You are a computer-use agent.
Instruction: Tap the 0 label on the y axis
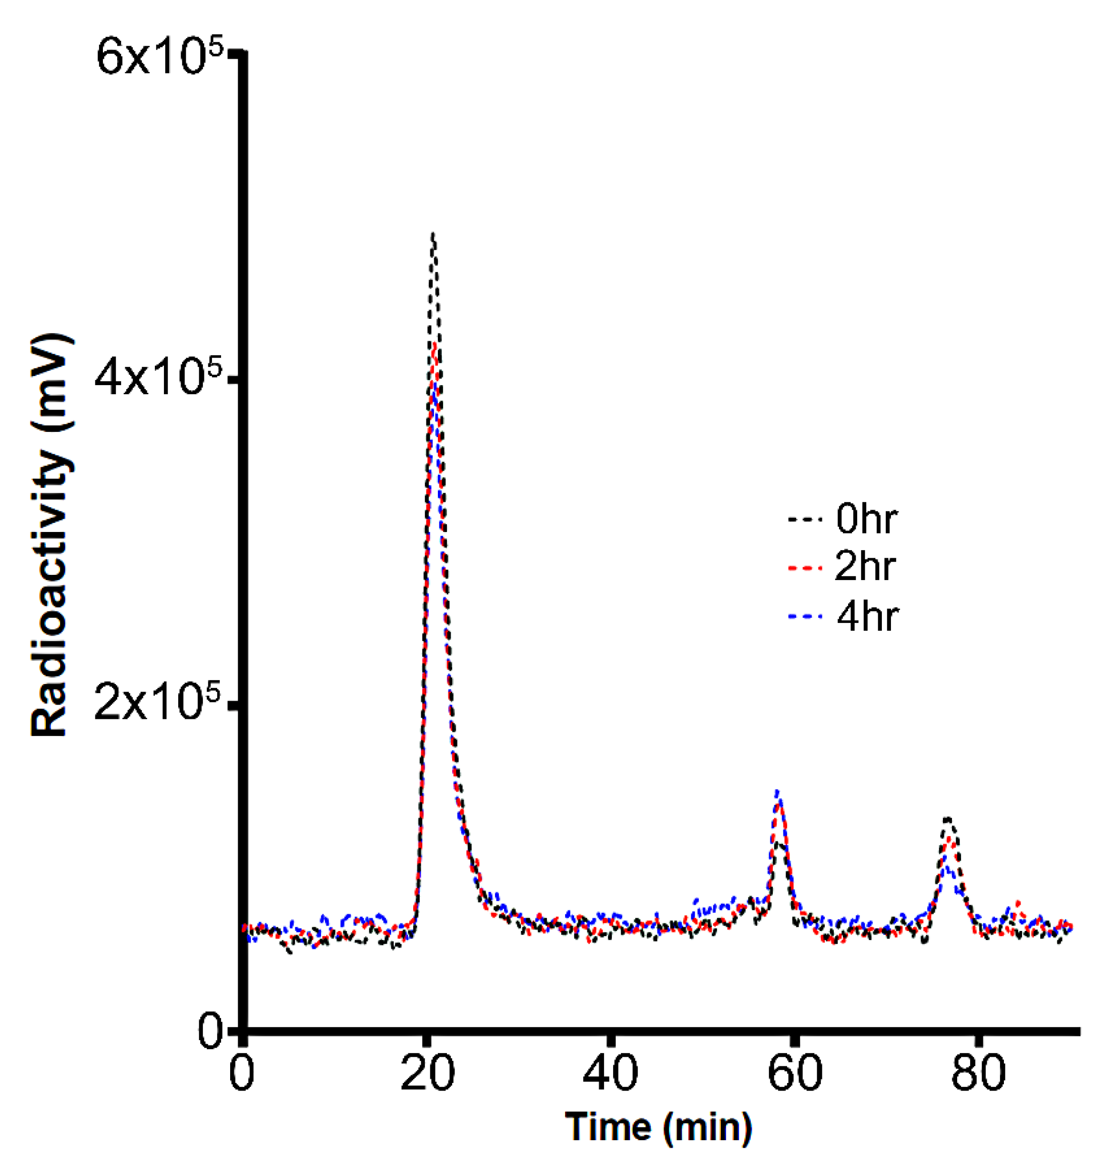point(210,1033)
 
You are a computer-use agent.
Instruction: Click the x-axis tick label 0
point(242,1073)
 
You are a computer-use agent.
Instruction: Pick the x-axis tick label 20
point(427,1073)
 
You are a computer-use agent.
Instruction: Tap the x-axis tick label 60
point(795,1073)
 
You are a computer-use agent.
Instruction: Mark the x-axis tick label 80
point(979,1073)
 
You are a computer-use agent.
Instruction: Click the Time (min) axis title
point(658,1127)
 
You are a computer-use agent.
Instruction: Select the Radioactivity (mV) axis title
point(52,537)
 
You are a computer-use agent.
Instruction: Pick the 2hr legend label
point(865,567)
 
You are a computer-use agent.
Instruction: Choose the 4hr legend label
point(867,617)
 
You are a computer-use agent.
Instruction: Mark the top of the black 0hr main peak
point(434,235)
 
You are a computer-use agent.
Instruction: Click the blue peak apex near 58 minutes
point(777,792)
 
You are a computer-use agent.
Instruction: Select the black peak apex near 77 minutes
point(948,819)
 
